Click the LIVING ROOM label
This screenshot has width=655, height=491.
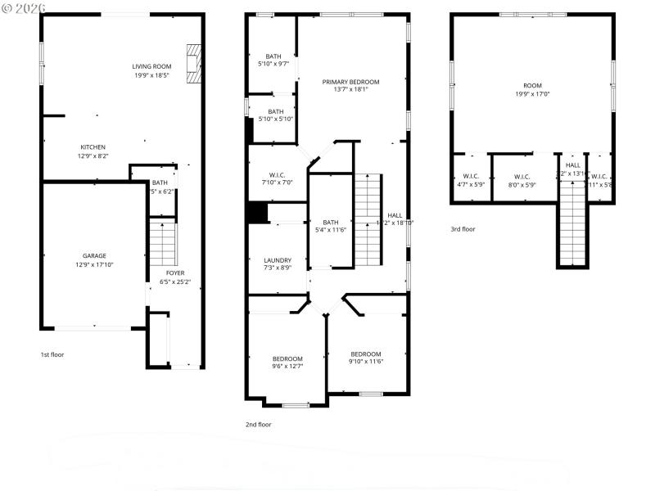point(151,66)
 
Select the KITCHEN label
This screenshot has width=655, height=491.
point(93,147)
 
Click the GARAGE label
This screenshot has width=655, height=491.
point(94,256)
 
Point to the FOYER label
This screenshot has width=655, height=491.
point(175,273)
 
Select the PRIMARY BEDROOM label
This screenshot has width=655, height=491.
point(350,82)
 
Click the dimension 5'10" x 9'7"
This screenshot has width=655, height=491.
point(273,64)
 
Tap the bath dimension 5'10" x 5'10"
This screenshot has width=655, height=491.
point(275,119)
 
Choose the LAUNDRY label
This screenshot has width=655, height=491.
point(278,260)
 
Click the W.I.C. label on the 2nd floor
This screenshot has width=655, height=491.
point(277,174)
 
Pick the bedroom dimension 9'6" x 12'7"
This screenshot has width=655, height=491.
point(287,366)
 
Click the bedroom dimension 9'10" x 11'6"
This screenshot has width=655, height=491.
point(366,361)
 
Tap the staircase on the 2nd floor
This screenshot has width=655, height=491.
point(368,218)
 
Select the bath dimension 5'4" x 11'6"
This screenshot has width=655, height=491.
point(330,229)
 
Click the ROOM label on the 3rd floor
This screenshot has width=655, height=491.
point(532,86)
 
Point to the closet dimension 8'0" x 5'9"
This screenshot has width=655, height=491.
point(522,184)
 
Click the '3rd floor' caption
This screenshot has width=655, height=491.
point(463,229)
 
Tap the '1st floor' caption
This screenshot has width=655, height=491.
point(52,354)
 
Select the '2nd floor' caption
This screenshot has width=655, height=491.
point(258,424)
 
